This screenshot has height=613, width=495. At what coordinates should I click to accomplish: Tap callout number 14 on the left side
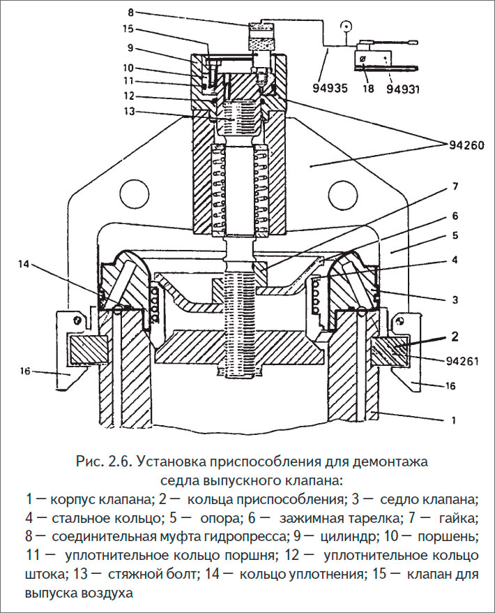(x=25, y=265)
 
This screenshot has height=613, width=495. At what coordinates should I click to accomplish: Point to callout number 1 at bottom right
(x=454, y=421)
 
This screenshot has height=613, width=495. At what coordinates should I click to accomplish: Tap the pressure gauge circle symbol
(x=344, y=29)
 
